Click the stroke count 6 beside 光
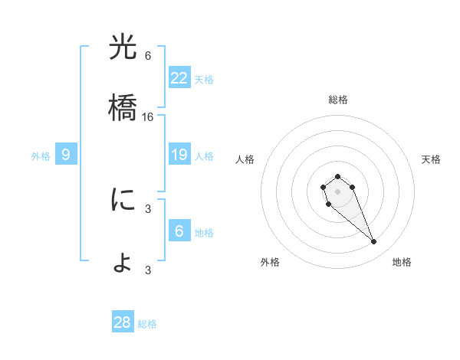pyautogui.click(x=148, y=56)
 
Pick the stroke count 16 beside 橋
pyautogui.click(x=148, y=117)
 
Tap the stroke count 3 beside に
pyautogui.click(x=148, y=208)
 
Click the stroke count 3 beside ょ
pyautogui.click(x=148, y=270)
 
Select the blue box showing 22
pyautogui.click(x=179, y=78)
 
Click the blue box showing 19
pyautogui.click(x=179, y=155)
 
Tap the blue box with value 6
pyautogui.click(x=179, y=231)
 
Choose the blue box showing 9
pyautogui.click(x=66, y=155)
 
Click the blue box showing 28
pyautogui.click(x=122, y=322)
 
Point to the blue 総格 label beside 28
pyautogui.click(x=147, y=324)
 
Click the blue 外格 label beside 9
pyautogui.click(x=41, y=156)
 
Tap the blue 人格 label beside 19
pyautogui.click(x=204, y=156)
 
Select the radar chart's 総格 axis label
pyautogui.click(x=338, y=100)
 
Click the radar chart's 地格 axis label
pyautogui.click(x=402, y=262)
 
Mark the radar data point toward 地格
pyautogui.click(x=373, y=242)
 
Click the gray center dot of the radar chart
pyautogui.click(x=337, y=191)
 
